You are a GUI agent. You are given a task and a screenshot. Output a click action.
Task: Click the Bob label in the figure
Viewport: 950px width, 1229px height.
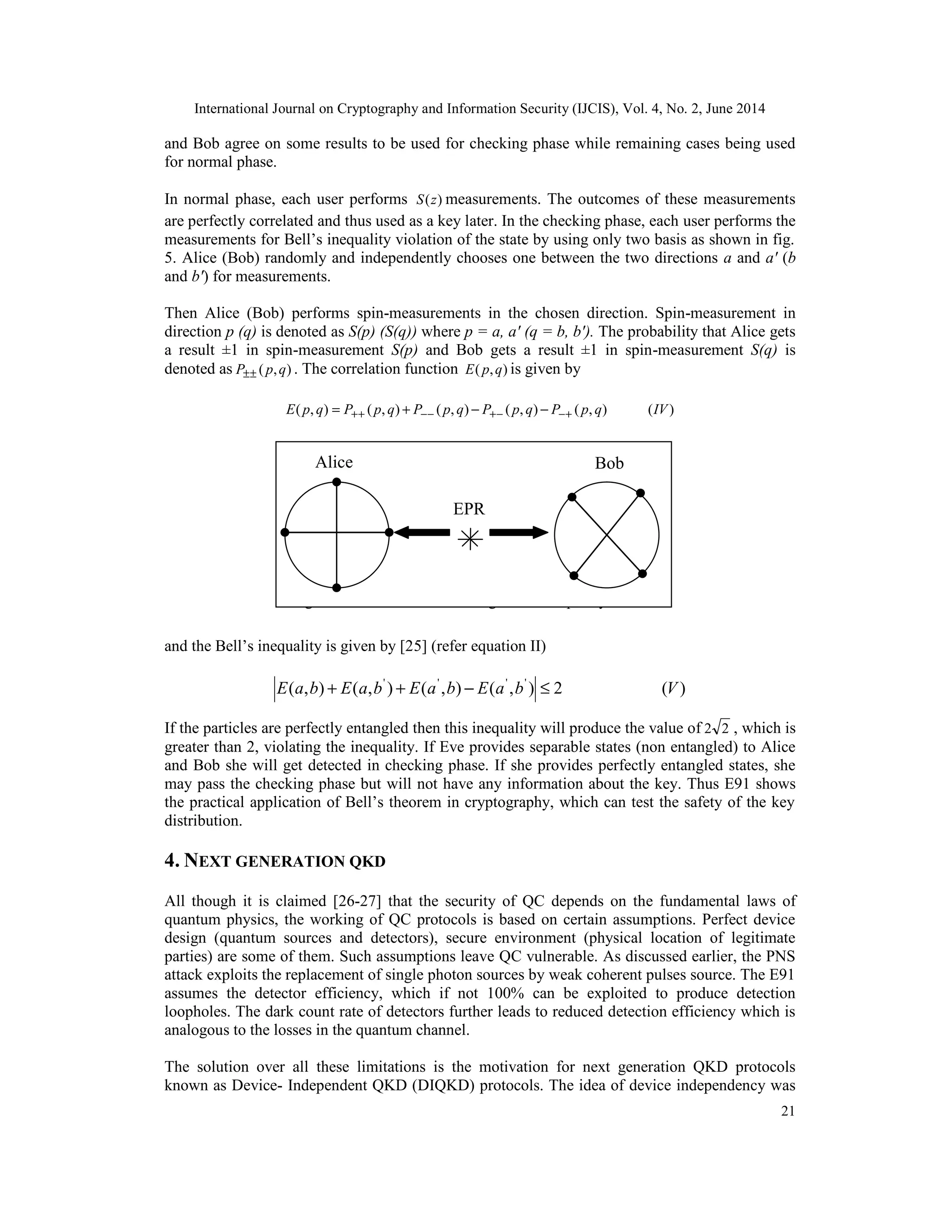[609, 463]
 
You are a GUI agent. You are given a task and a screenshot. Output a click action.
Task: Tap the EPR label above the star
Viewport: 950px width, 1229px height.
[469, 509]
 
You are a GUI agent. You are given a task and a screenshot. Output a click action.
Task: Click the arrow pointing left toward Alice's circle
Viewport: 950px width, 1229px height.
[422, 532]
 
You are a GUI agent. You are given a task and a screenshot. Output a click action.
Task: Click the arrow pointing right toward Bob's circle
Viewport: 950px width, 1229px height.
[518, 532]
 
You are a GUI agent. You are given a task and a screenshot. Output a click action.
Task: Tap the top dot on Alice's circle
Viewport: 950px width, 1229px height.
[337, 482]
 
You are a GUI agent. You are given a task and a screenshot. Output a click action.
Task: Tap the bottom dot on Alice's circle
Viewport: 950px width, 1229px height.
[337, 588]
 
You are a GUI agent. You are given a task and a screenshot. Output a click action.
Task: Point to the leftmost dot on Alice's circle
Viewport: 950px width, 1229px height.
[285, 532]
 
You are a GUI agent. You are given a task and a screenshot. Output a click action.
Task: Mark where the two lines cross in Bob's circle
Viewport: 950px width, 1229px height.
[607, 534]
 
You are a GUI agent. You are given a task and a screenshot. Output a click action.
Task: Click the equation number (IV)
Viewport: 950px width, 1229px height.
[661, 410]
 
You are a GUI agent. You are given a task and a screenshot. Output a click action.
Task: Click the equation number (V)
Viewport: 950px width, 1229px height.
[673, 688]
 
